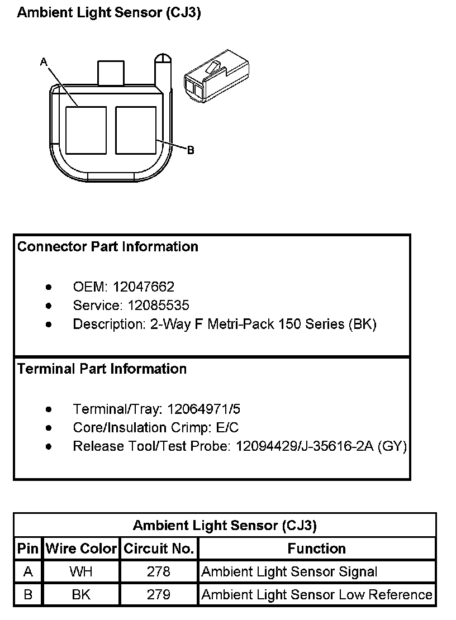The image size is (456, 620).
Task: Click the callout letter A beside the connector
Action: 44,63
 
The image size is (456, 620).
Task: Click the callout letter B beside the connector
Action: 191,150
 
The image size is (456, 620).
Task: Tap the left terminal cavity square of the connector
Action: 85,130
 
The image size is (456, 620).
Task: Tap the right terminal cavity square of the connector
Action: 136,130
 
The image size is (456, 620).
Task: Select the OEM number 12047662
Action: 144,287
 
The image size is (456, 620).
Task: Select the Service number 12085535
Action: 158,306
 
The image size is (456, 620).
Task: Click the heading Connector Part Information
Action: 108,246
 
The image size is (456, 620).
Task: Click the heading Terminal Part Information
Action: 102,369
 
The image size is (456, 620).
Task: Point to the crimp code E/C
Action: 226,428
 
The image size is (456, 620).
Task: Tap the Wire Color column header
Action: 82,549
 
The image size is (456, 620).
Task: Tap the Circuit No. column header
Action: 159,549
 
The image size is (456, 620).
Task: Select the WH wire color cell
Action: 82,571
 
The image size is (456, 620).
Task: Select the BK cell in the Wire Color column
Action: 82,595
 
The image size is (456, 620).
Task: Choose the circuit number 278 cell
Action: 159,571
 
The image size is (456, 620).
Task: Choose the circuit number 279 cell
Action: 159,595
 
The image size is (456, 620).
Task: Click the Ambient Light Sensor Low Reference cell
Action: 317,595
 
